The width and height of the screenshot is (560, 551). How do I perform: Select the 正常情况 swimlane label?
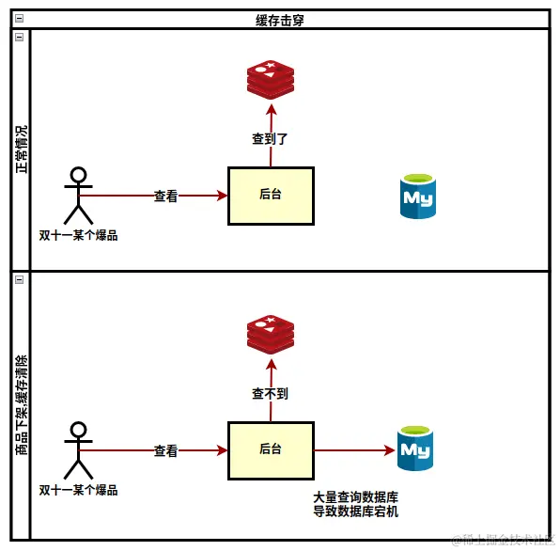click(x=21, y=150)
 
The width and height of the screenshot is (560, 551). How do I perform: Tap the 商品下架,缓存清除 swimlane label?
click(x=21, y=405)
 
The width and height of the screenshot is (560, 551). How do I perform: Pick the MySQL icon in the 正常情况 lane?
click(x=417, y=197)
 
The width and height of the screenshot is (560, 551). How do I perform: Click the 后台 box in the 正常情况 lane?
click(x=271, y=196)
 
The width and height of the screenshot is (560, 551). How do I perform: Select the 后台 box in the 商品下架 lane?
click(x=271, y=450)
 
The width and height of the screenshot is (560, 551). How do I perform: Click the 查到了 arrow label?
click(x=270, y=139)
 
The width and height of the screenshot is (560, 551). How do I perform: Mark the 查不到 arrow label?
click(x=270, y=394)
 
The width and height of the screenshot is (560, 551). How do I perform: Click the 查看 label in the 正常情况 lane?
click(x=166, y=197)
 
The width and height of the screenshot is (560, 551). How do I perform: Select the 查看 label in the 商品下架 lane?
click(x=166, y=451)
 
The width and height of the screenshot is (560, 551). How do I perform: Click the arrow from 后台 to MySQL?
click(x=353, y=450)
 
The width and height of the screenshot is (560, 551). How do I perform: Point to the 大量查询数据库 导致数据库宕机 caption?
click(x=356, y=504)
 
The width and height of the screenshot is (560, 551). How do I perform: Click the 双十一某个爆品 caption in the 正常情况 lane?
click(x=79, y=235)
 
